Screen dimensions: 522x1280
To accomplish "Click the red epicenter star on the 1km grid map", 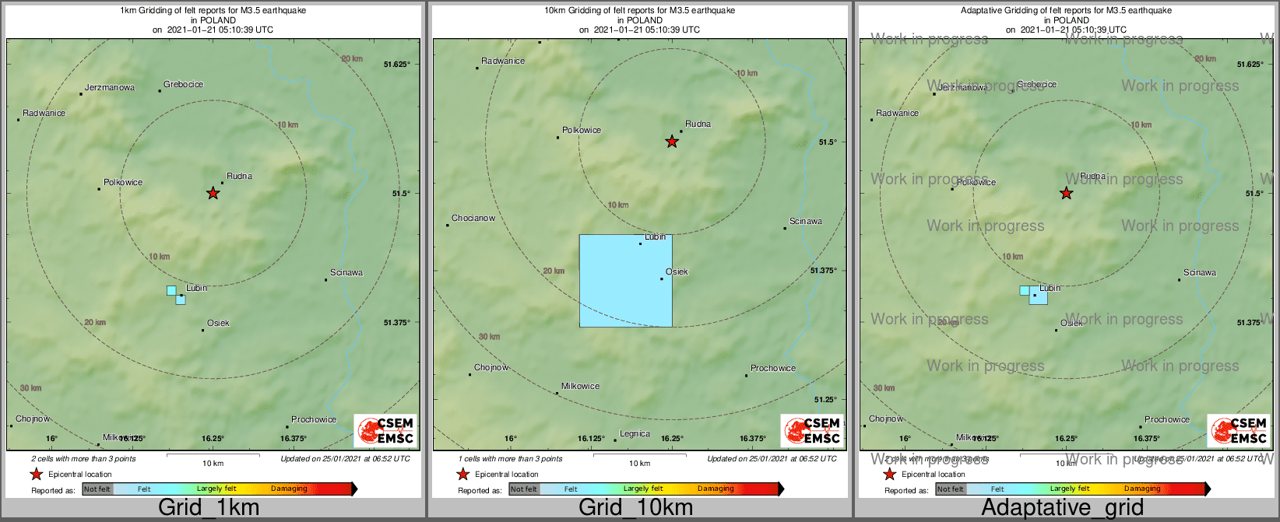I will (x=213, y=193).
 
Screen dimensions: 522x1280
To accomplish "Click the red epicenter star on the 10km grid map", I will (x=672, y=142).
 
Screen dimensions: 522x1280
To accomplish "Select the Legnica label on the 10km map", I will (x=635, y=434).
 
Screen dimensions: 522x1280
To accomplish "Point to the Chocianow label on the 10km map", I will (x=473, y=219).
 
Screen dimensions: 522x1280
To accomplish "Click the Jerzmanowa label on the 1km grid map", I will (x=110, y=88).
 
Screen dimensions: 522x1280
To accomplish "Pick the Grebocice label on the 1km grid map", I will (x=184, y=85).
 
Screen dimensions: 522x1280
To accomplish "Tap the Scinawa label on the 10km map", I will (x=806, y=222).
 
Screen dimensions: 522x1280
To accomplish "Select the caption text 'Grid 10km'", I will (x=635, y=508).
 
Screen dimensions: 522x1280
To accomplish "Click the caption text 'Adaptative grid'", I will (x=1062, y=508).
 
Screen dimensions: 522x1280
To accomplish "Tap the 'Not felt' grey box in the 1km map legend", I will (x=97, y=489).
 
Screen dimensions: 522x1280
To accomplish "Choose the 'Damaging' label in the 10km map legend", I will (x=716, y=489).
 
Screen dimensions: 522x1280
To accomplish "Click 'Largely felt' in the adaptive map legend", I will (x=1070, y=489).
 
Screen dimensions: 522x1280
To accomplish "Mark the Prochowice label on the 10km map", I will (x=773, y=369).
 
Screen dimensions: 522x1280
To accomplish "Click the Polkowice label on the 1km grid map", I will (x=123, y=183).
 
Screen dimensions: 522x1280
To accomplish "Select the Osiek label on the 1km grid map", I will (x=218, y=324).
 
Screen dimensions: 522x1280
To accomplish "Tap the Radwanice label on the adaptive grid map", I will (x=897, y=114).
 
